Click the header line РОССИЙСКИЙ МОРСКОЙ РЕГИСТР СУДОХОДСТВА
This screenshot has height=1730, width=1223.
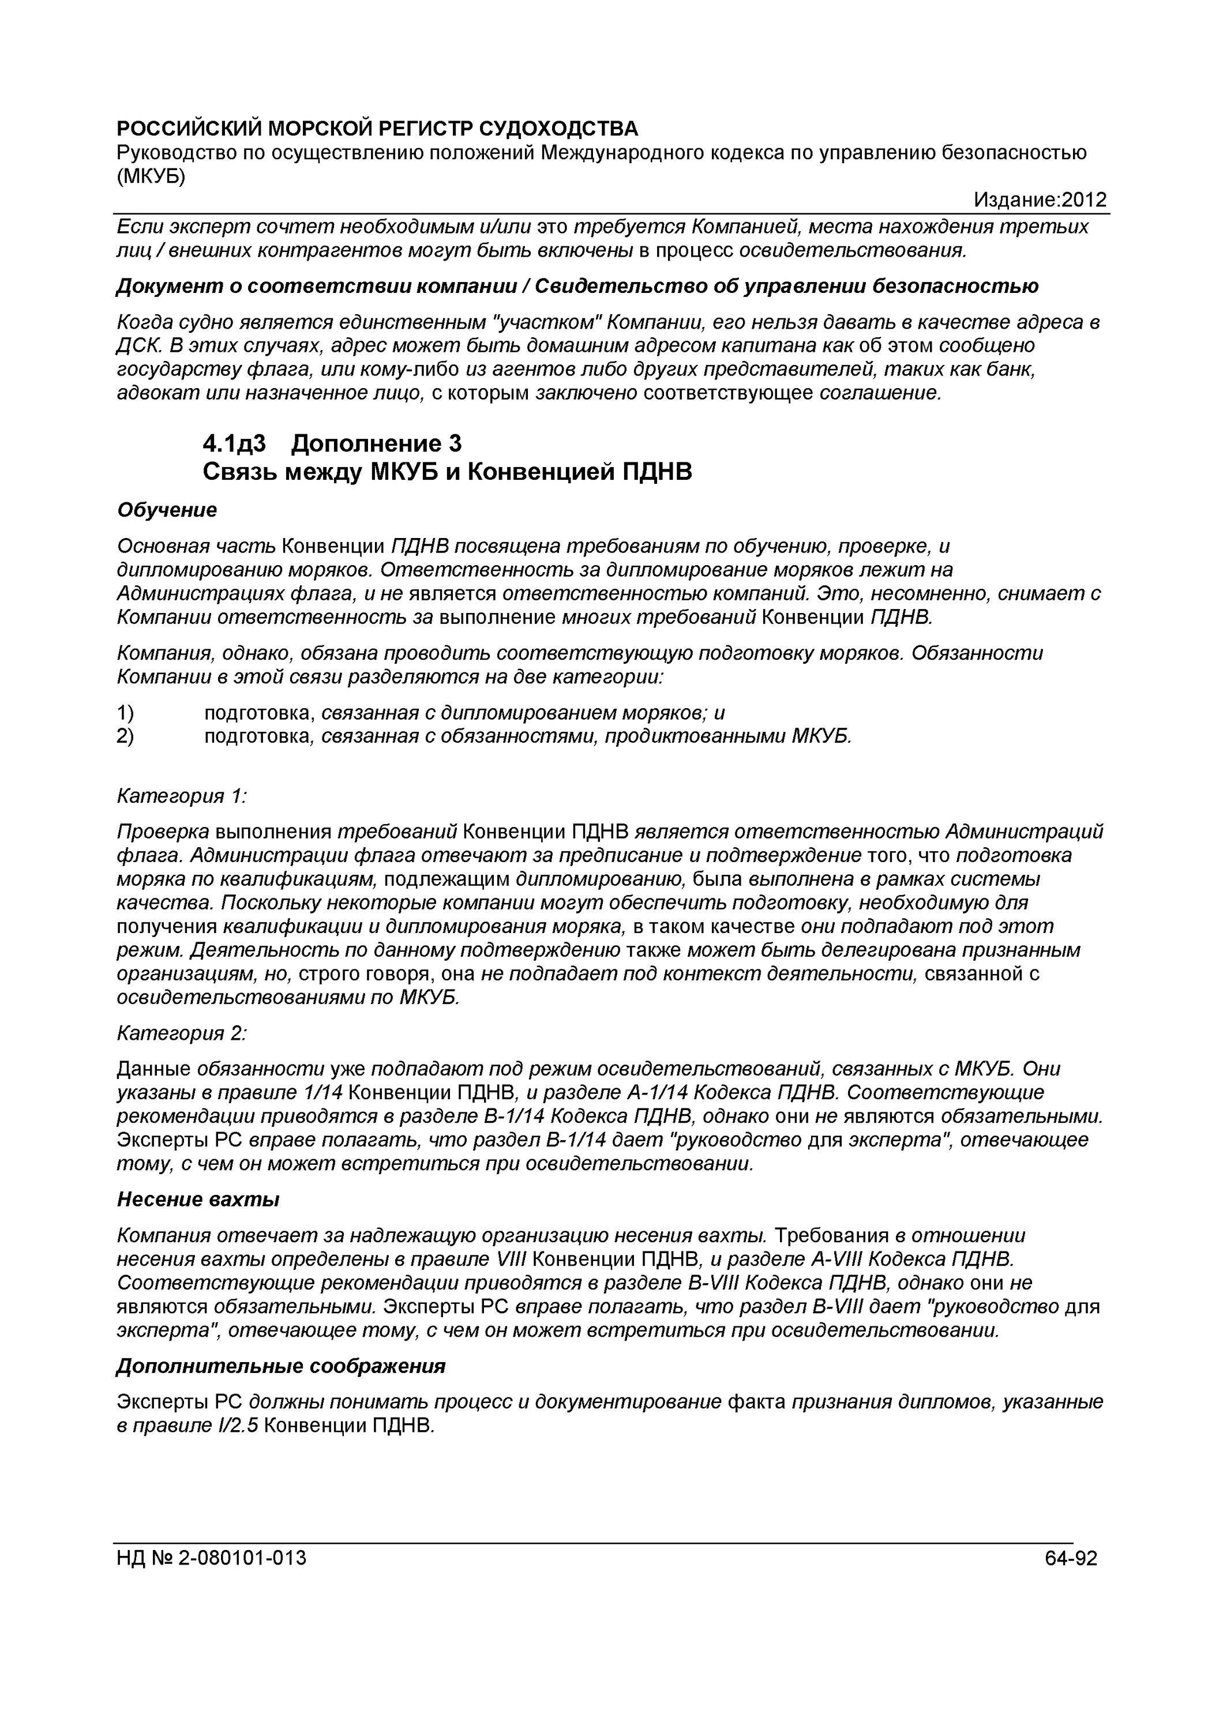click(377, 129)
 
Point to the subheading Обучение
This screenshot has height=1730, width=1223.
click(167, 510)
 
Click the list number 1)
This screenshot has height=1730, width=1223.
click(126, 713)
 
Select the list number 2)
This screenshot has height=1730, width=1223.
click(126, 736)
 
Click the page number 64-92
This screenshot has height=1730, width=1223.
click(1071, 1558)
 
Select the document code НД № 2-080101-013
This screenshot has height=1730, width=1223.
click(212, 1558)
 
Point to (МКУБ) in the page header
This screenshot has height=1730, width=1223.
click(151, 176)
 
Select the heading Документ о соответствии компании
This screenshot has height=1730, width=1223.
click(322, 287)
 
